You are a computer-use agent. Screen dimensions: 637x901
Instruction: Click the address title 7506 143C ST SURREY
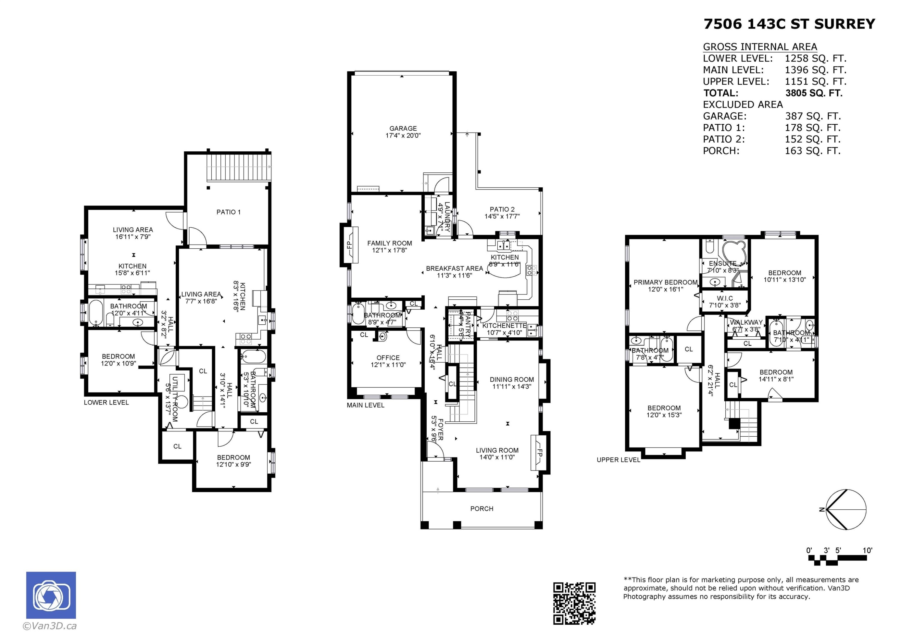(x=789, y=24)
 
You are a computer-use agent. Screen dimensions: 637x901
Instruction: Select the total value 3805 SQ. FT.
(x=814, y=93)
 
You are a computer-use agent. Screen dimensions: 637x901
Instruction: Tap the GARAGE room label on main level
(x=403, y=128)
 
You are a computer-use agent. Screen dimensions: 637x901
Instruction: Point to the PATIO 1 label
(x=228, y=212)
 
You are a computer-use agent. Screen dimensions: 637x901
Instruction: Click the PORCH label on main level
(x=481, y=509)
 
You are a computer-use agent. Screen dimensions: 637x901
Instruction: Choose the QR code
(x=574, y=603)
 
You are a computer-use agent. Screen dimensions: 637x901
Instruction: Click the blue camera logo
(x=51, y=595)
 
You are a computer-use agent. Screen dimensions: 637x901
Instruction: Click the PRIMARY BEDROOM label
(x=665, y=282)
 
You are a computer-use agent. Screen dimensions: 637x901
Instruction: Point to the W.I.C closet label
(x=724, y=298)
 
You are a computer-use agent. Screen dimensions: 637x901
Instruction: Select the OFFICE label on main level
(x=388, y=358)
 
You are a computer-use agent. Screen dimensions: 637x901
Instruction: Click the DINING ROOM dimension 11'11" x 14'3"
(x=512, y=386)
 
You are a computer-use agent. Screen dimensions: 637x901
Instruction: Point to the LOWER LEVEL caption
(x=106, y=402)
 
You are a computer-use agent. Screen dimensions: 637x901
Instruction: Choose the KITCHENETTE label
(x=504, y=326)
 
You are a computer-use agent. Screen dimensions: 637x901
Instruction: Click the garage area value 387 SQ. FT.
(x=812, y=116)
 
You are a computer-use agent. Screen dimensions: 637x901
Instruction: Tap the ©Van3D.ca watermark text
(x=50, y=626)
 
